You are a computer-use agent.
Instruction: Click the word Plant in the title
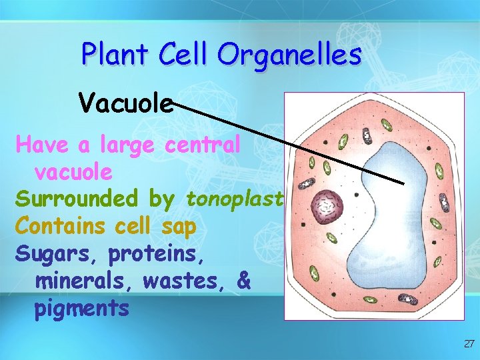pos(115,54)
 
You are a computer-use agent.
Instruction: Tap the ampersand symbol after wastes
pos(243,281)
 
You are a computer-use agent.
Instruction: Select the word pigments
pos(81,309)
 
